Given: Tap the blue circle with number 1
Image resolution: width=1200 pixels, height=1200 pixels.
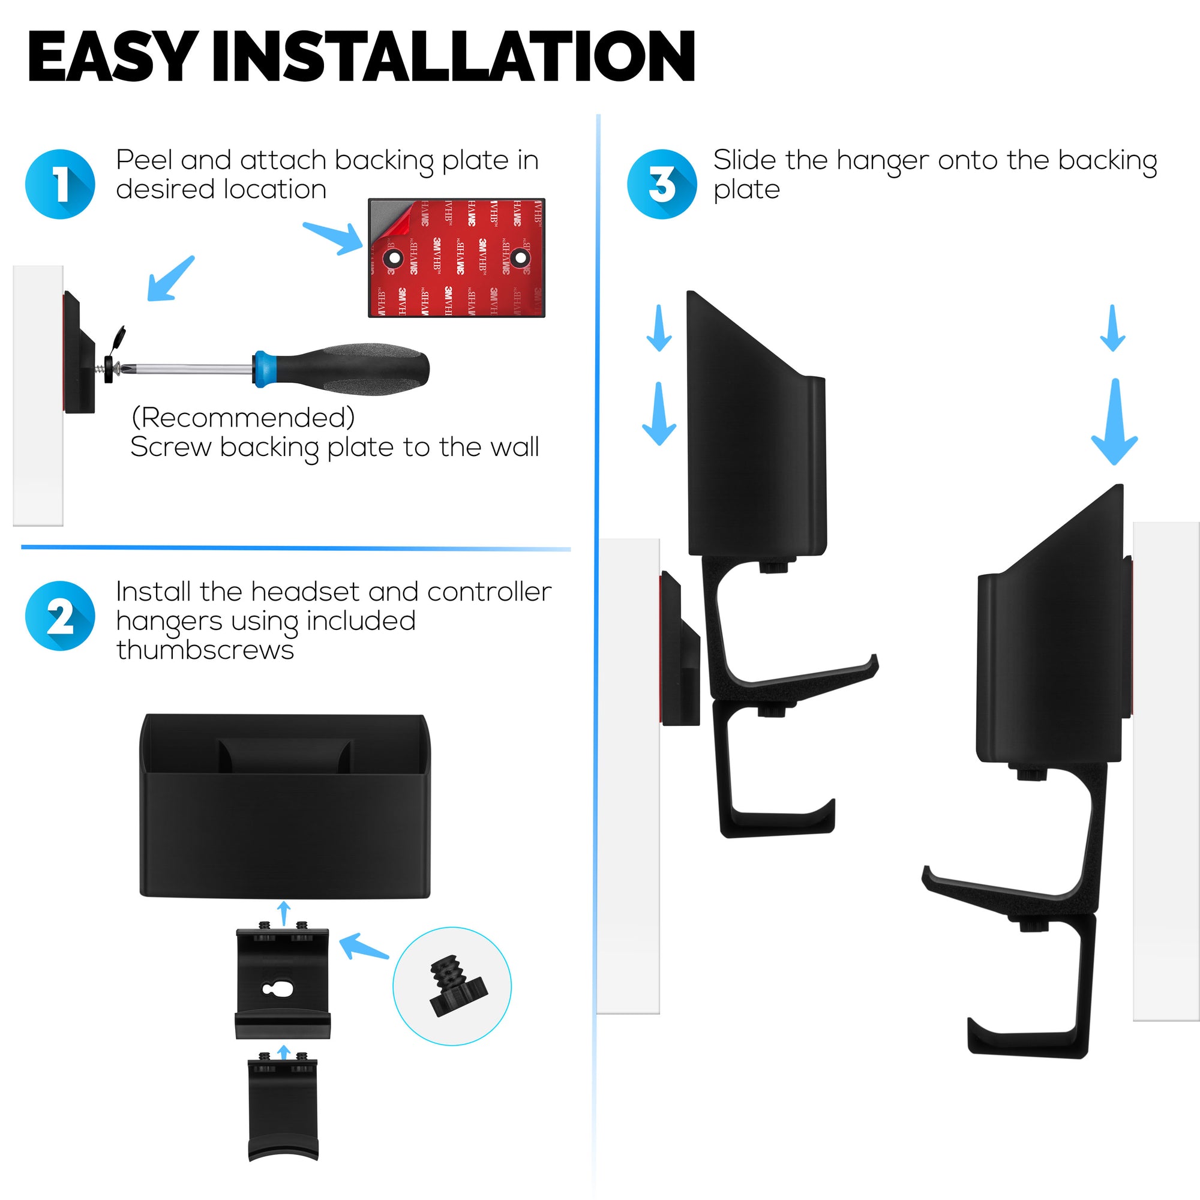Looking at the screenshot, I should (59, 184).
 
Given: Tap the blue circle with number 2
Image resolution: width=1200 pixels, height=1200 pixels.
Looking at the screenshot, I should (59, 616).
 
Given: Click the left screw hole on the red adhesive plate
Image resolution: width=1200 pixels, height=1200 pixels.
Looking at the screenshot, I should (393, 257).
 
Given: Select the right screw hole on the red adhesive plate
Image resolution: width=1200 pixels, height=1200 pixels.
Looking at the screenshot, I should (520, 257).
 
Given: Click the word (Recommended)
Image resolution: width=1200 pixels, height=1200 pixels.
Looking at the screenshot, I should (243, 418).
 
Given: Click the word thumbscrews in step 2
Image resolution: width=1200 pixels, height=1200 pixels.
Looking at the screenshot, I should (205, 650).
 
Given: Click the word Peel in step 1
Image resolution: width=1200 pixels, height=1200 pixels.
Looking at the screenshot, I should (143, 160).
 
